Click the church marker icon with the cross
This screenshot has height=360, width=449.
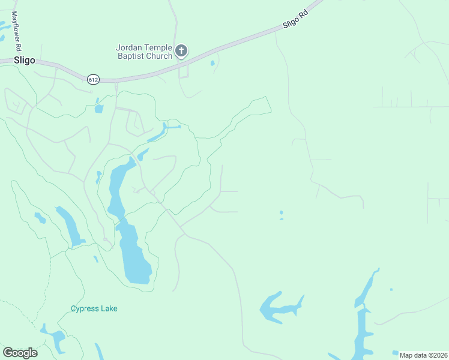[182, 51]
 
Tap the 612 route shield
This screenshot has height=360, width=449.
[92, 79]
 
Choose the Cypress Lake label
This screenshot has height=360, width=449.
[94, 308]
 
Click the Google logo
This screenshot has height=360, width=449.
[20, 352]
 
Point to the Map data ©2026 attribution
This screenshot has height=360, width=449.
[424, 355]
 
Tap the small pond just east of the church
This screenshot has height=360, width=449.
[212, 62]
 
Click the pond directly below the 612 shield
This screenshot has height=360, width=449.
[98, 109]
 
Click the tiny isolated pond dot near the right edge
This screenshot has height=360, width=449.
[391, 290]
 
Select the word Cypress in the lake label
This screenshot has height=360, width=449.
[83, 308]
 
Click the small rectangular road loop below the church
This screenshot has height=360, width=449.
[184, 71]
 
